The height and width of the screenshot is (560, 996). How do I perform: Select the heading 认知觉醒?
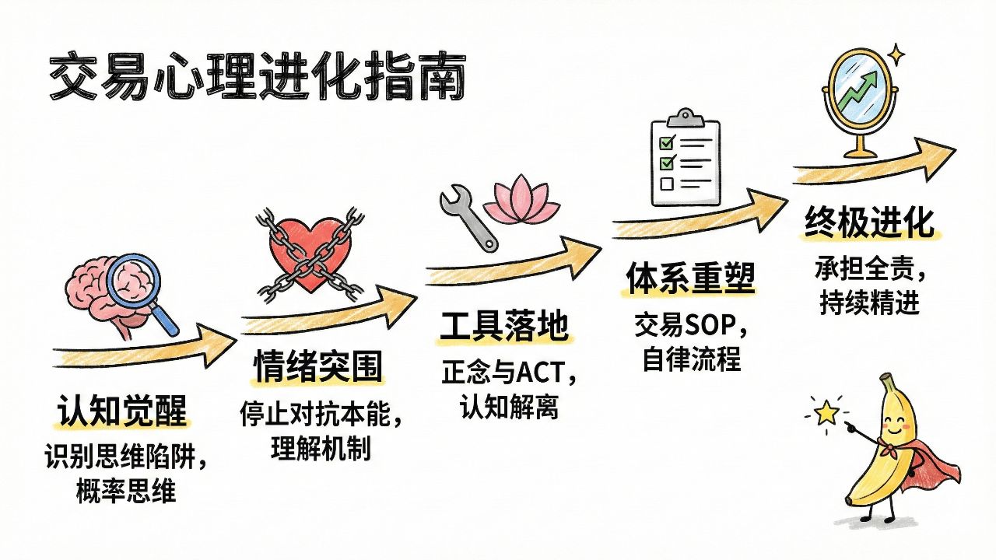[122, 411]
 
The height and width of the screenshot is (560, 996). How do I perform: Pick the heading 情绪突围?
[319, 366]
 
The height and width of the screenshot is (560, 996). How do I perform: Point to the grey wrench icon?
[468, 217]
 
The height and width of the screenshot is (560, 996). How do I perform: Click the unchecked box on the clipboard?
[666, 184]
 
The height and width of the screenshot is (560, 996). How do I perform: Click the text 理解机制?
[319, 449]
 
